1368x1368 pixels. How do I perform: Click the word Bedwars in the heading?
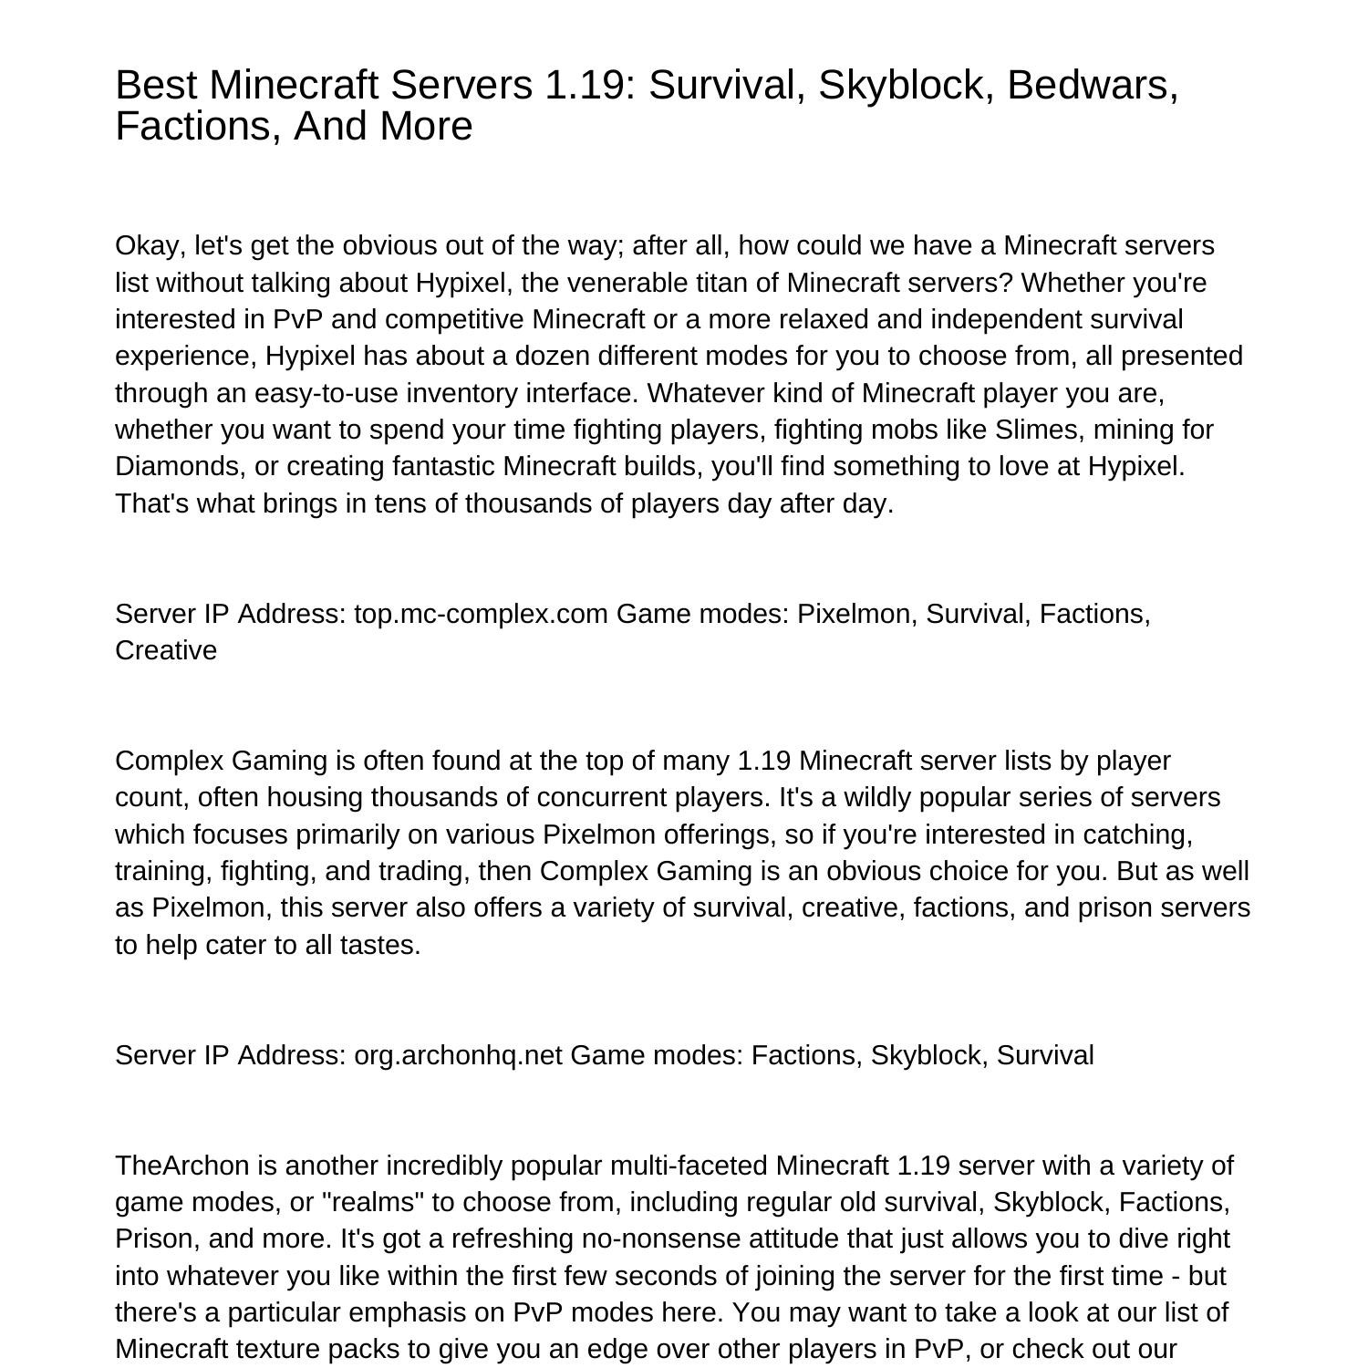point(1093,85)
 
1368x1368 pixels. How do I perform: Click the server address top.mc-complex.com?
point(481,614)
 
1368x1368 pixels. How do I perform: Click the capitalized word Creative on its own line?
point(166,650)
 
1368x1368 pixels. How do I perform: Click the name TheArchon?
point(182,1166)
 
